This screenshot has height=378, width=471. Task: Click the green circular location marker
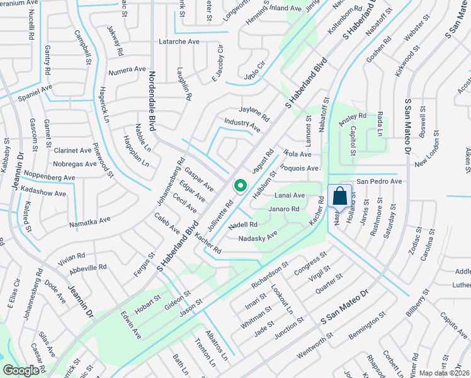click(x=240, y=186)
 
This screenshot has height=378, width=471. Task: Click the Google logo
click(x=21, y=370)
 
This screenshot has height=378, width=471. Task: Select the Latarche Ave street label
click(x=180, y=42)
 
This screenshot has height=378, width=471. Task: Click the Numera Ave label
click(x=127, y=69)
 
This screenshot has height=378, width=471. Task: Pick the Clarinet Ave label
click(x=72, y=151)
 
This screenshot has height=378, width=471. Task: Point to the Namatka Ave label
click(x=89, y=221)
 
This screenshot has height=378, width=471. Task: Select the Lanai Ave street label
click(x=290, y=196)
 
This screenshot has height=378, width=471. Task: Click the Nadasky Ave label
click(x=258, y=238)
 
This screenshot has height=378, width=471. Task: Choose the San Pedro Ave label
click(x=379, y=181)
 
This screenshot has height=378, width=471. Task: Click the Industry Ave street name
click(x=242, y=125)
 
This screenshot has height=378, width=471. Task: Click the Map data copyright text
click(x=445, y=373)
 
